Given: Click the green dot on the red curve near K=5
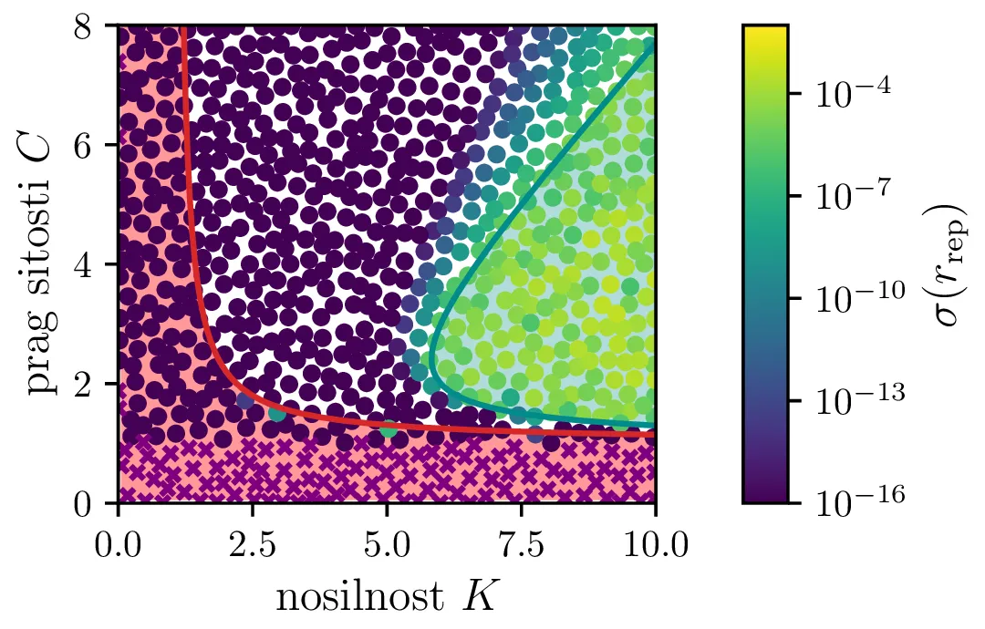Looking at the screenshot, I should pos(388,428).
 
